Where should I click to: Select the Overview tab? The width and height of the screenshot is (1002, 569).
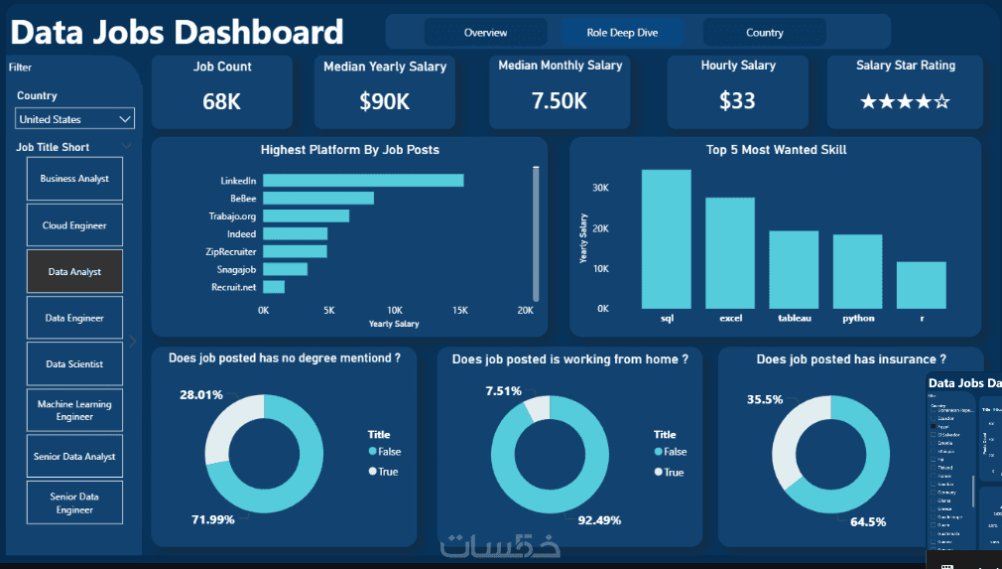point(485,33)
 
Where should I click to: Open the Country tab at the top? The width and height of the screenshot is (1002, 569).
point(764,33)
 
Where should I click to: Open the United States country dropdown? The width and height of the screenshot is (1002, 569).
point(75,119)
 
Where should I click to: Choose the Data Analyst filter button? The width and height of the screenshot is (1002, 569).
point(75,272)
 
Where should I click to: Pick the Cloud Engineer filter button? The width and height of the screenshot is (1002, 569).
point(75,225)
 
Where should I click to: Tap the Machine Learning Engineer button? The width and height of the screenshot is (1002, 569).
point(75,410)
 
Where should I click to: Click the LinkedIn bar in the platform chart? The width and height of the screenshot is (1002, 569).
point(363,181)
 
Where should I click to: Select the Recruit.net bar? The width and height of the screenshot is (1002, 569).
point(274,287)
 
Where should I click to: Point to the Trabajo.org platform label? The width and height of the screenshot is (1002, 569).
point(232,216)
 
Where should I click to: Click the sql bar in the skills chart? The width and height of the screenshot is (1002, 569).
point(667,238)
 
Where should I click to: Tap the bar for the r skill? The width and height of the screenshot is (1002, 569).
point(921,285)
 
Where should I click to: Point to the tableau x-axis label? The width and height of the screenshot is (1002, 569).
point(795,319)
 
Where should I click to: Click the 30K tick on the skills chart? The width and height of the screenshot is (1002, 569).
point(601,188)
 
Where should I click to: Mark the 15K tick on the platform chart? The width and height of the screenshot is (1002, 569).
point(459,310)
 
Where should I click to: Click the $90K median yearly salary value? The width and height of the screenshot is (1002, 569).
point(384,101)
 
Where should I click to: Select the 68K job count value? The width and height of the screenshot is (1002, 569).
point(221,101)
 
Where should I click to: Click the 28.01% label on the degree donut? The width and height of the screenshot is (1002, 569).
point(201,395)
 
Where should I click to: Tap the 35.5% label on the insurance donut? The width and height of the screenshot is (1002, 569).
point(765,399)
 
